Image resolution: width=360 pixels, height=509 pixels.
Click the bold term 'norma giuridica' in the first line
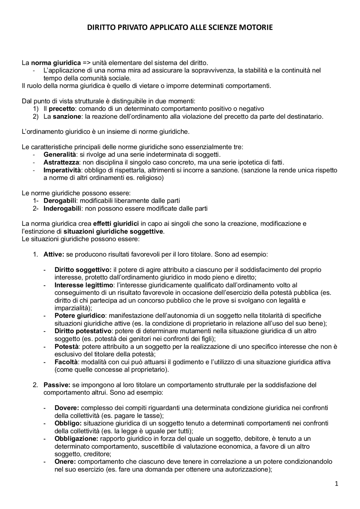(x=56, y=62)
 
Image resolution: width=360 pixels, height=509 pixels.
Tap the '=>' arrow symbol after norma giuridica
(x=87, y=62)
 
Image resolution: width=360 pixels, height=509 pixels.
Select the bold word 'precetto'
(x=62, y=108)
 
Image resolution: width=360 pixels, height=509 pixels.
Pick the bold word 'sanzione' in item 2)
(x=67, y=116)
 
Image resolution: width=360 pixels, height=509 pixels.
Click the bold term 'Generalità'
(x=60, y=155)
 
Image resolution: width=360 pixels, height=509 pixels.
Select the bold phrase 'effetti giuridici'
(x=116, y=224)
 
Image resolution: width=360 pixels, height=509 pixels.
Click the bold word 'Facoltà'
(x=66, y=362)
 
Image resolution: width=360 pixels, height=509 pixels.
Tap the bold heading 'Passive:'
(x=57, y=385)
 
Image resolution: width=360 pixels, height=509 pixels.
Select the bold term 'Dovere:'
(x=67, y=408)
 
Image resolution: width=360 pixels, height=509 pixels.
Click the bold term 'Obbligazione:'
(x=76, y=439)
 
